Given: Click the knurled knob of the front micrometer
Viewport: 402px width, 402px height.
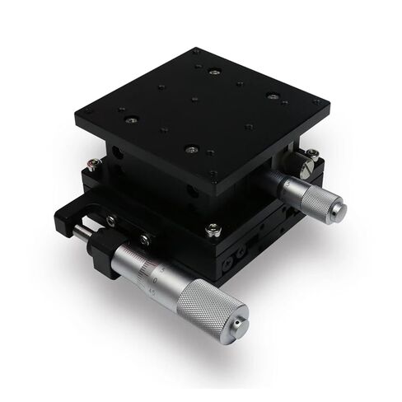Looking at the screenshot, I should point(208,306).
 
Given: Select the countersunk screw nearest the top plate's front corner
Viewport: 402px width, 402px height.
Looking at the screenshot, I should point(191,149).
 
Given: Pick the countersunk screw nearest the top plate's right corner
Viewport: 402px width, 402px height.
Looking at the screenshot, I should point(272,96).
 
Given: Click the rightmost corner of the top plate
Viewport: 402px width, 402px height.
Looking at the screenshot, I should point(330,105).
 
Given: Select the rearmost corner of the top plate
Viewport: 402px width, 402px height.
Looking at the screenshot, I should point(195,49).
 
